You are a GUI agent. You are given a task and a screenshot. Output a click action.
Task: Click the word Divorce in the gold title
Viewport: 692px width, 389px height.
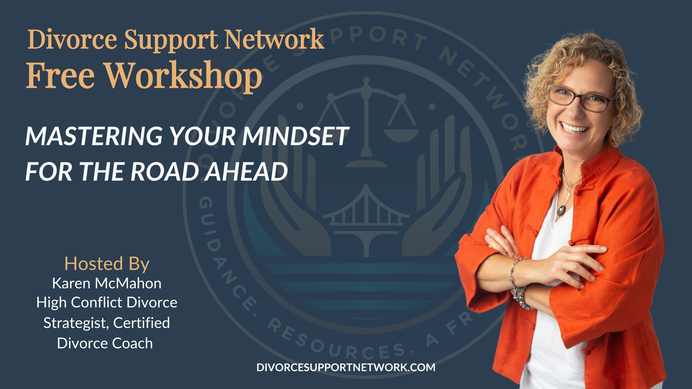coord(72,39)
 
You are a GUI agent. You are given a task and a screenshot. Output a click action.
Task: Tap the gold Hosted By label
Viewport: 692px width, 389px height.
coord(107,264)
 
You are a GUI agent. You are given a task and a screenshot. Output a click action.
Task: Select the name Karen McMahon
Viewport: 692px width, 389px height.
coord(107,283)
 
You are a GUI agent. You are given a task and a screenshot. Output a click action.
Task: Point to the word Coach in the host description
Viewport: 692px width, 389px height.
coord(132,343)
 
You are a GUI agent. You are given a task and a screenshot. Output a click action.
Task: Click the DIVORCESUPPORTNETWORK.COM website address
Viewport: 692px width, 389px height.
coord(346,368)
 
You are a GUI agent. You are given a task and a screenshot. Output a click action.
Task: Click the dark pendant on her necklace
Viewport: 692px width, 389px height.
coord(562,210)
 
